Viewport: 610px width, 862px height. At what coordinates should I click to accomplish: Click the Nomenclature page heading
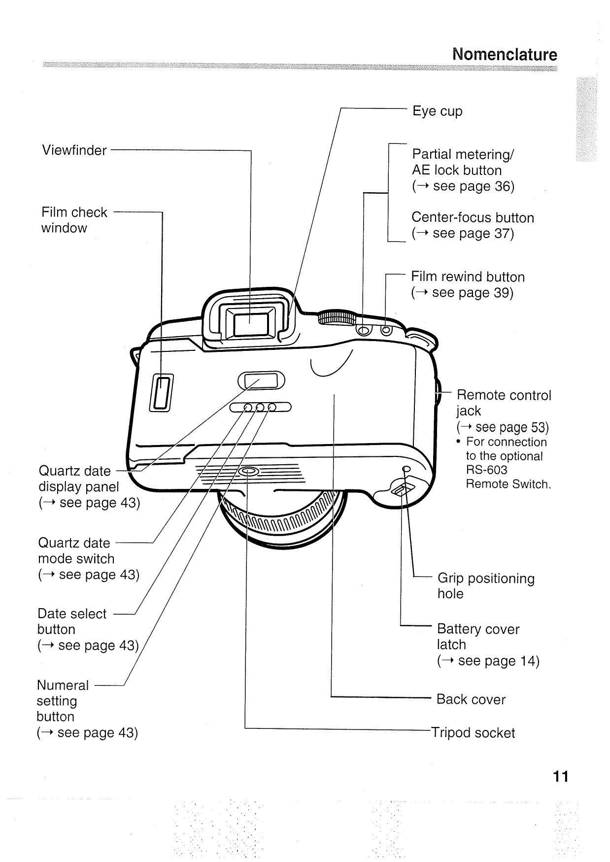[x=505, y=54]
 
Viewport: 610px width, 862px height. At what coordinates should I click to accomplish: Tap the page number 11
[x=560, y=777]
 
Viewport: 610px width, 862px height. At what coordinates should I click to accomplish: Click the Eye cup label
[x=437, y=111]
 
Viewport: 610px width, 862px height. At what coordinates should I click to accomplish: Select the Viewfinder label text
[x=74, y=150]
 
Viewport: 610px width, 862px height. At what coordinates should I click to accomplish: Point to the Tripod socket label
[x=473, y=732]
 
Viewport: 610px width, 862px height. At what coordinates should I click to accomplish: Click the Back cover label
[x=471, y=699]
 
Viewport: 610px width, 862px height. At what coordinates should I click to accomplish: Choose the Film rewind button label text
[x=468, y=277]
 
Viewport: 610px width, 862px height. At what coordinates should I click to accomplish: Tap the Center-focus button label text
[x=473, y=218]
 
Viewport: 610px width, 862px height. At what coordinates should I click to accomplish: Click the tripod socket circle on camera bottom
[x=248, y=472]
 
